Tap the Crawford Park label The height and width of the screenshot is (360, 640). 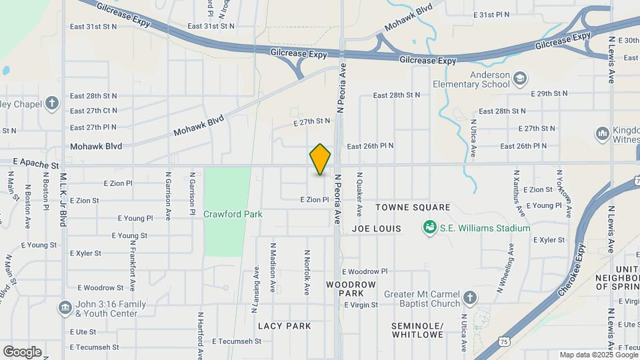pyautogui.click(x=233, y=215)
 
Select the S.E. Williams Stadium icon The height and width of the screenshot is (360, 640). pyautogui.click(x=431, y=228)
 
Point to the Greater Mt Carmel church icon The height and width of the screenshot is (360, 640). pyautogui.click(x=470, y=297)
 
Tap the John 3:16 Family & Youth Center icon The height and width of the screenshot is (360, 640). pyautogui.click(x=65, y=307)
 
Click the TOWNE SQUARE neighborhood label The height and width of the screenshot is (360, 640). pyautogui.click(x=413, y=208)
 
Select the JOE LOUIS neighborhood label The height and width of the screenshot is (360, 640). pyautogui.click(x=377, y=229)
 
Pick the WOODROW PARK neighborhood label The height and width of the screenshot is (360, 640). pyautogui.click(x=351, y=289)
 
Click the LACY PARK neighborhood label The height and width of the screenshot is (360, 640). pyautogui.click(x=285, y=326)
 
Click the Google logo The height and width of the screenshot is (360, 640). pyautogui.click(x=22, y=352)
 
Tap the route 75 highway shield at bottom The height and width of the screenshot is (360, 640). pyautogui.click(x=505, y=340)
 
